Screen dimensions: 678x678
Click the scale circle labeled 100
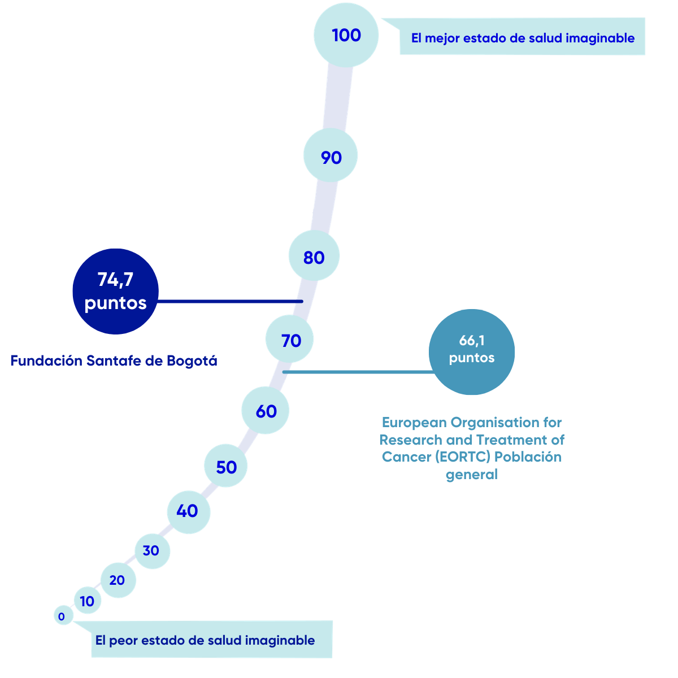tap(346, 35)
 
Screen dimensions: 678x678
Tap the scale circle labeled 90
tap(331, 157)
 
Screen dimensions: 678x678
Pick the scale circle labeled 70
tap(290, 340)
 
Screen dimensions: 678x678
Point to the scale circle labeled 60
tap(266, 411)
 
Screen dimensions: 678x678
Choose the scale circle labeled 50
tap(226, 467)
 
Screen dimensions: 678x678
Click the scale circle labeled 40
tap(189, 511)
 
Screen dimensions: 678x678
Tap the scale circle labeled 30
tap(152, 550)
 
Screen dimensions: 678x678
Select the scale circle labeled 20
tap(118, 580)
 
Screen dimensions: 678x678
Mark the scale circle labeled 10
tap(88, 601)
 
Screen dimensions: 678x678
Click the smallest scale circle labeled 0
tap(63, 616)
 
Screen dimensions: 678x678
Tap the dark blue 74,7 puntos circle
tap(115, 292)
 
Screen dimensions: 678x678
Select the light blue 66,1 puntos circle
tap(472, 351)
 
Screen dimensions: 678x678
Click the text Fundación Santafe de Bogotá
tap(114, 360)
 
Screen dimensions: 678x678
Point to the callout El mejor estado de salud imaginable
tap(523, 38)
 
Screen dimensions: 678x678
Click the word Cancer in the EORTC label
tap(406, 457)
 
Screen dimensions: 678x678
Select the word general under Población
tap(471, 475)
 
